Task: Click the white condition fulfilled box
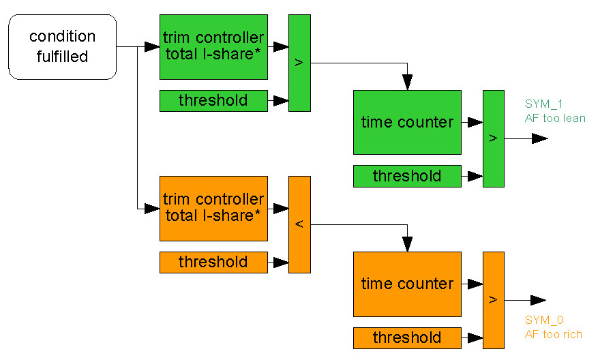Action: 62,46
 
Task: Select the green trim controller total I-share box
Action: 213,46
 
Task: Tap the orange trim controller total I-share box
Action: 213,208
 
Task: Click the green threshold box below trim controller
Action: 213,101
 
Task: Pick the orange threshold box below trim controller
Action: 213,262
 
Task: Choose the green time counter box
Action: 407,122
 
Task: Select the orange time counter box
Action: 407,284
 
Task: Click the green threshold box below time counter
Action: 407,176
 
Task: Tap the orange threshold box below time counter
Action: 407,337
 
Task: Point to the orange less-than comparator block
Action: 299,224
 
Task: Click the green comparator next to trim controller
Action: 299,63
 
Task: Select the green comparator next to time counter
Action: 494,138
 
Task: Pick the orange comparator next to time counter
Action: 494,300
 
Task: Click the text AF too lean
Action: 555,118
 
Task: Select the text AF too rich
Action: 554,334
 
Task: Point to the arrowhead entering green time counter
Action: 407,83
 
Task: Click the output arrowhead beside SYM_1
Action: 540,138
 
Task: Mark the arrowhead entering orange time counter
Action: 407,245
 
